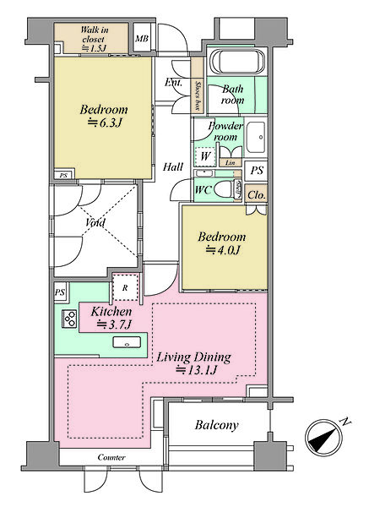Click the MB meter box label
[x=142, y=39]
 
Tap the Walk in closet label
[x=94, y=39]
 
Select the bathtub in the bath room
[x=237, y=63]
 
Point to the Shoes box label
[x=197, y=95]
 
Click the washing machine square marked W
[x=205, y=156]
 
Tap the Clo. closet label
[x=256, y=195]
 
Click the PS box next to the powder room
[x=257, y=171]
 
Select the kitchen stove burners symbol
[x=69, y=319]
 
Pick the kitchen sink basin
[x=127, y=342]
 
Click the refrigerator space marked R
[x=125, y=288]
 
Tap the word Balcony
[x=216, y=425]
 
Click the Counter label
[x=111, y=457]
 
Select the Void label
[x=95, y=222]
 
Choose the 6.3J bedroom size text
[x=105, y=123]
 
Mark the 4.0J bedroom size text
[x=222, y=250]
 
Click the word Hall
[x=173, y=166]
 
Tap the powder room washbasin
[x=256, y=138]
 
